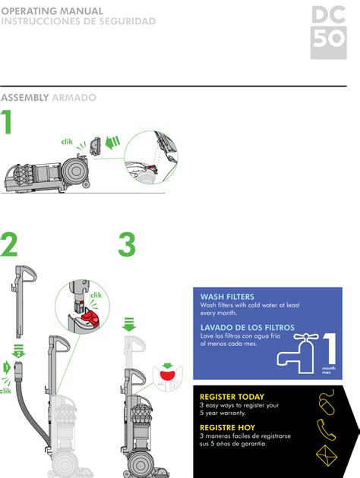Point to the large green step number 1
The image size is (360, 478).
pyautogui.click(x=8, y=124)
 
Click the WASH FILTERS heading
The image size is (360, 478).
pyautogui.click(x=227, y=297)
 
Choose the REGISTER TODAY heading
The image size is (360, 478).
pyautogui.click(x=232, y=397)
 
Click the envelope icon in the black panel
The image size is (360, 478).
pyautogui.click(x=329, y=458)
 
